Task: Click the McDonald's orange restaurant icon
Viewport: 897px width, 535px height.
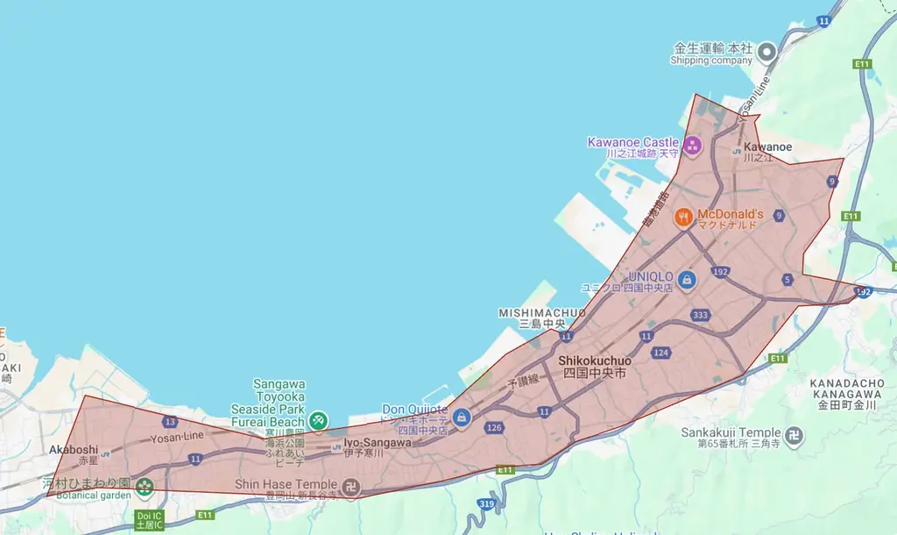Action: click(x=684, y=216)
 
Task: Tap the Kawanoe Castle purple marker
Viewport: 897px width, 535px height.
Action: click(x=693, y=145)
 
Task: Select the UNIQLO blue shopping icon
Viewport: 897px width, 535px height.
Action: click(x=687, y=280)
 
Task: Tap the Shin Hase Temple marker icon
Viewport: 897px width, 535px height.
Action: click(x=350, y=487)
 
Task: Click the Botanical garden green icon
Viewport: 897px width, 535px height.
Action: click(x=145, y=486)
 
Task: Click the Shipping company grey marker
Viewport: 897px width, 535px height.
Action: click(x=766, y=52)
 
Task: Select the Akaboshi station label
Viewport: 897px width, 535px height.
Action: click(x=74, y=450)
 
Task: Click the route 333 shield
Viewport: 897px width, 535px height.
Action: click(x=700, y=315)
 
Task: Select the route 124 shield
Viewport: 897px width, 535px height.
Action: click(x=660, y=353)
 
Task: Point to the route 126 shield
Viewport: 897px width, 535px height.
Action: click(x=494, y=427)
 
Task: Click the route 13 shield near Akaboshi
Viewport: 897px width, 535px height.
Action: click(x=170, y=422)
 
